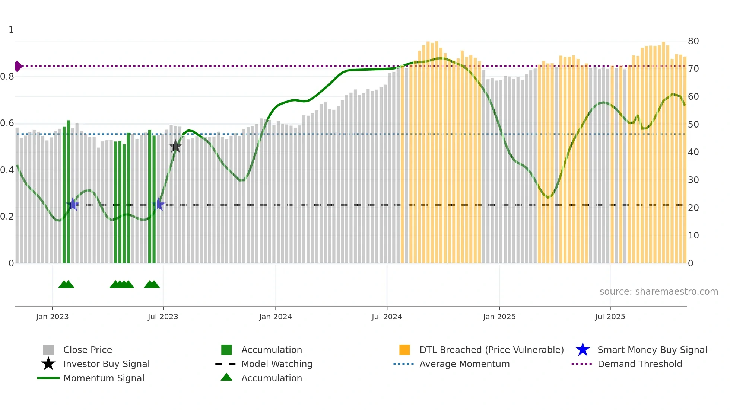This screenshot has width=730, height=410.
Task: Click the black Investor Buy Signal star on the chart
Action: (x=175, y=146)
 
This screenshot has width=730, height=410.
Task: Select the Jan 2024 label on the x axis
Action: (x=275, y=317)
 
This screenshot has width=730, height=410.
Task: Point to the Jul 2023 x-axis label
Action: (x=163, y=317)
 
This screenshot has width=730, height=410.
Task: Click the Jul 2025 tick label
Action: (x=610, y=317)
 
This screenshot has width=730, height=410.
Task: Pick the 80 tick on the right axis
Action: (x=693, y=41)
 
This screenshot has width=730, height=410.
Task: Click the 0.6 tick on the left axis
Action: (x=7, y=123)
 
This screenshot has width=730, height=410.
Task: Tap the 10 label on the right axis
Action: (x=693, y=236)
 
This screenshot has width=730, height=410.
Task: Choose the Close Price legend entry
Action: (x=88, y=350)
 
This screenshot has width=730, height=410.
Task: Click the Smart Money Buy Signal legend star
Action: (x=583, y=350)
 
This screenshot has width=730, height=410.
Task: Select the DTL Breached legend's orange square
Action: (x=404, y=350)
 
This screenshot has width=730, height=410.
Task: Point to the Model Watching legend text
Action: (x=277, y=364)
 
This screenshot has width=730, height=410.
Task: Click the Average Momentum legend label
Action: (x=464, y=364)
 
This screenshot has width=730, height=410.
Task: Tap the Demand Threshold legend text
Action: (x=639, y=364)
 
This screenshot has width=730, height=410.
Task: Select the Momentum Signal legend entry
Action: (x=104, y=378)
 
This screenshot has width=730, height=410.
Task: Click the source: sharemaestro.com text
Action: (x=658, y=292)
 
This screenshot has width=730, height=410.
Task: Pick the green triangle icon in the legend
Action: (x=226, y=377)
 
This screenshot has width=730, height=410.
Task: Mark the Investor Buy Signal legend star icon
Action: (x=48, y=364)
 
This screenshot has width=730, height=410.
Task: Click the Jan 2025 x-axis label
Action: (x=499, y=317)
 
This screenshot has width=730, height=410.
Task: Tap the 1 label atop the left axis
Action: (x=11, y=30)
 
